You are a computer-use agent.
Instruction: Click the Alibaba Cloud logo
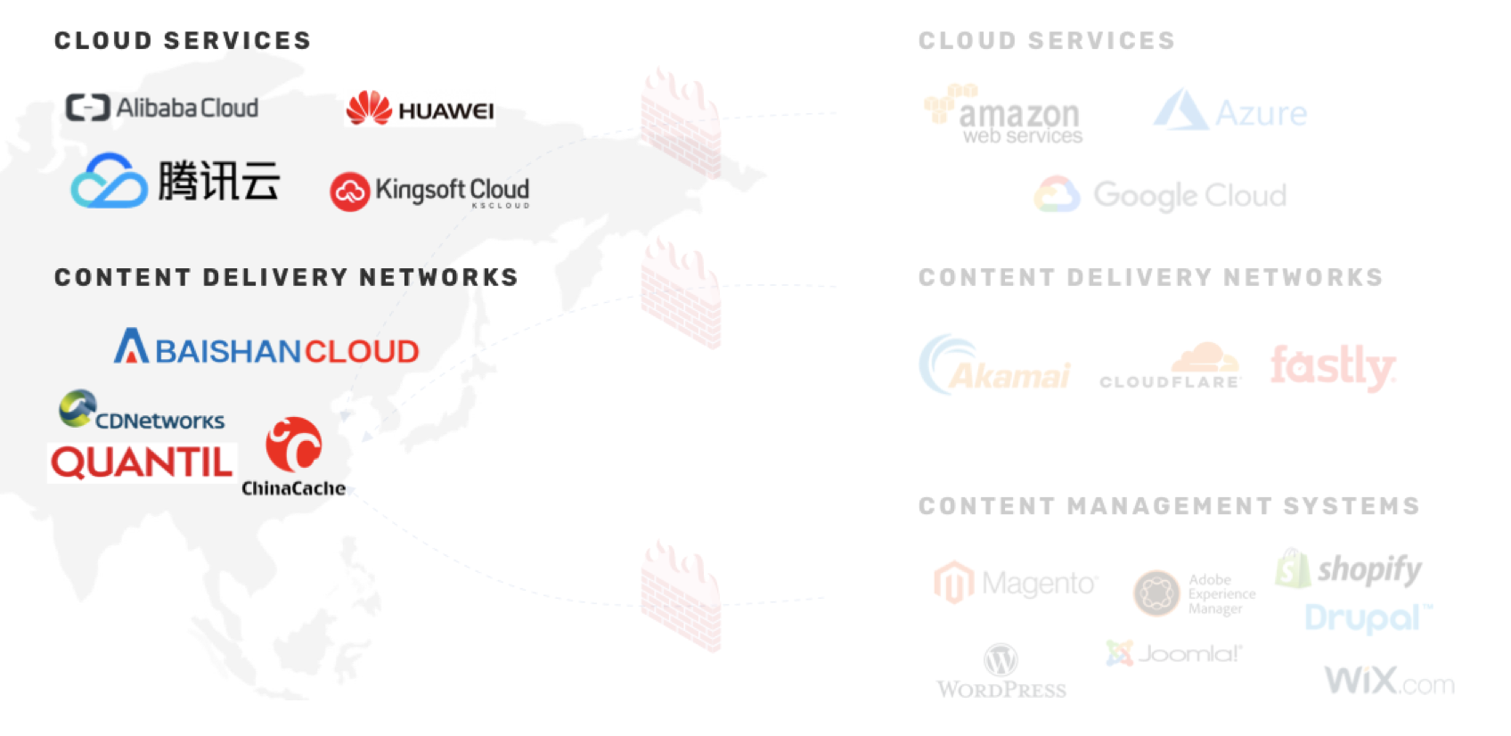(x=162, y=108)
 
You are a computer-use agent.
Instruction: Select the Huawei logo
(x=420, y=109)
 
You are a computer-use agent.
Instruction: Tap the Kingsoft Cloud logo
(x=429, y=191)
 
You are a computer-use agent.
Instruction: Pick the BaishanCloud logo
(x=266, y=348)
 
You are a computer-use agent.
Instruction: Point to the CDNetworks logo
(x=142, y=411)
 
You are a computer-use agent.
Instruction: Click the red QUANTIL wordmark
(x=142, y=463)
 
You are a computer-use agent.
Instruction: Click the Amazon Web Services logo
(x=1003, y=115)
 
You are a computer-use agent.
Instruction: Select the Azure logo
(x=1230, y=111)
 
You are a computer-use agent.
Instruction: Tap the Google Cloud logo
(x=1161, y=195)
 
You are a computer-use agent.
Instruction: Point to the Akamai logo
(x=994, y=366)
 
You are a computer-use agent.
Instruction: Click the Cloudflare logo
(x=1170, y=368)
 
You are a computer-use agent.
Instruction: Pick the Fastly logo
(x=1333, y=366)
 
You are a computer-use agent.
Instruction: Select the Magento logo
(x=1016, y=584)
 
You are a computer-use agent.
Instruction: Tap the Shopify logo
(x=1349, y=568)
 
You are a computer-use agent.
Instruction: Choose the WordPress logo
(x=1001, y=671)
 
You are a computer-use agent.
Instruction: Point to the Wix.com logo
(x=1389, y=682)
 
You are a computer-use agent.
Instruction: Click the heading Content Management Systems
(x=1169, y=506)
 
